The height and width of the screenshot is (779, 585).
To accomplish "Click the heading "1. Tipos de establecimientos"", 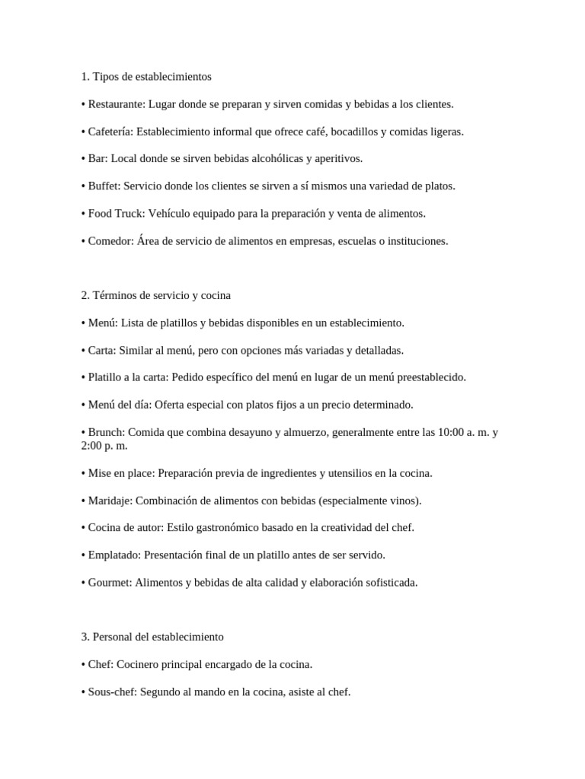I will coord(145,77).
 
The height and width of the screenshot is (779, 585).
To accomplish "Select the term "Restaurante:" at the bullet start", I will coord(117,104).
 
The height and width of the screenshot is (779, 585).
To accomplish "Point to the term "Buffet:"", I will coord(104,186).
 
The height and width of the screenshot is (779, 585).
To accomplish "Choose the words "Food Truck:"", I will coord(117,214).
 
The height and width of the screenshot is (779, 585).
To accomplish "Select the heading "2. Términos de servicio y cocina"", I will coord(155,295).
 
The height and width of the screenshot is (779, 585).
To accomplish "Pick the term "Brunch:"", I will coord(107,432).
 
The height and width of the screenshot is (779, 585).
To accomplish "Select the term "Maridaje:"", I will coord(110,501).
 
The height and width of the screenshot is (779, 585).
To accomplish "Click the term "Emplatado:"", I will coord(114,555).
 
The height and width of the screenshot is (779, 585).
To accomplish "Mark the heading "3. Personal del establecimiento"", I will coord(152,637).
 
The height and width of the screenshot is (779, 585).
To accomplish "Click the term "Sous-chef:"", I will coord(113,692).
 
